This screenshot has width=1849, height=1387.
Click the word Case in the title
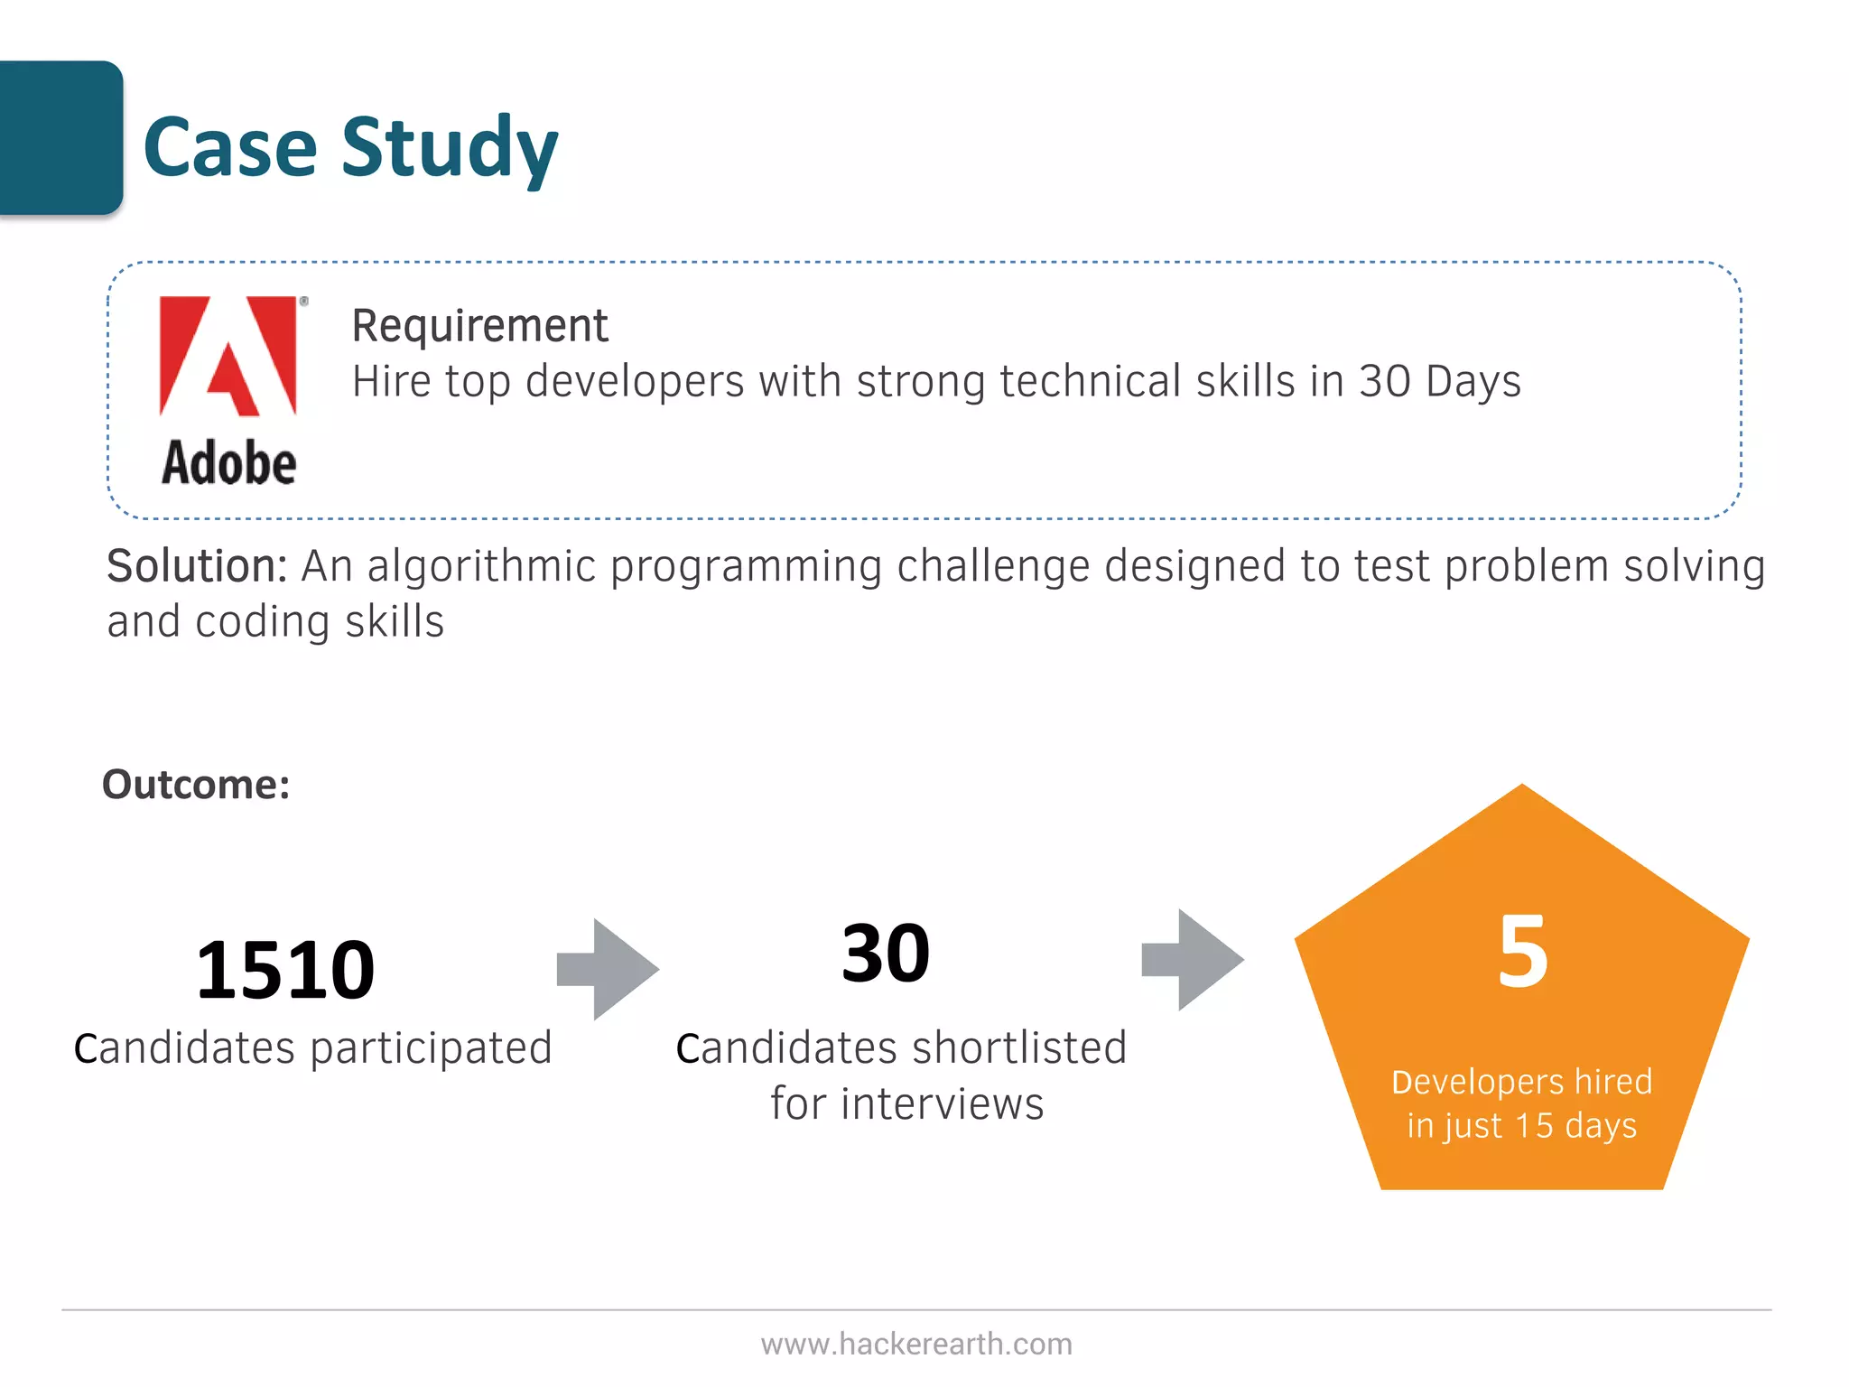(x=230, y=148)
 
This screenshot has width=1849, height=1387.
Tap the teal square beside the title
(x=60, y=137)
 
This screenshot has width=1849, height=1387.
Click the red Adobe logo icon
(x=229, y=356)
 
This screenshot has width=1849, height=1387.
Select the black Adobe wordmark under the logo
(x=229, y=463)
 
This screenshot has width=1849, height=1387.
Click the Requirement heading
(x=479, y=326)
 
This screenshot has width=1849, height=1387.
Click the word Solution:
(x=197, y=567)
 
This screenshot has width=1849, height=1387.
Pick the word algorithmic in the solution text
(x=481, y=567)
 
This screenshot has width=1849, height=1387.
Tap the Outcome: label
(x=196, y=784)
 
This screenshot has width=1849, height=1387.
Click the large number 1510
(x=285, y=971)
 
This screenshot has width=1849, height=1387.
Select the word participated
(x=431, y=1048)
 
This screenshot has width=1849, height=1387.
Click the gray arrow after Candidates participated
(x=609, y=970)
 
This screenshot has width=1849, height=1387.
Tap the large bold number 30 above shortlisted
(x=885, y=954)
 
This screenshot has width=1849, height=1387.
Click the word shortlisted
(x=1020, y=1048)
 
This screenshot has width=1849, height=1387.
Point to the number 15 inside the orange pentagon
(x=1534, y=1126)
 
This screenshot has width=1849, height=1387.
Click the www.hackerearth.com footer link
(x=916, y=1344)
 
